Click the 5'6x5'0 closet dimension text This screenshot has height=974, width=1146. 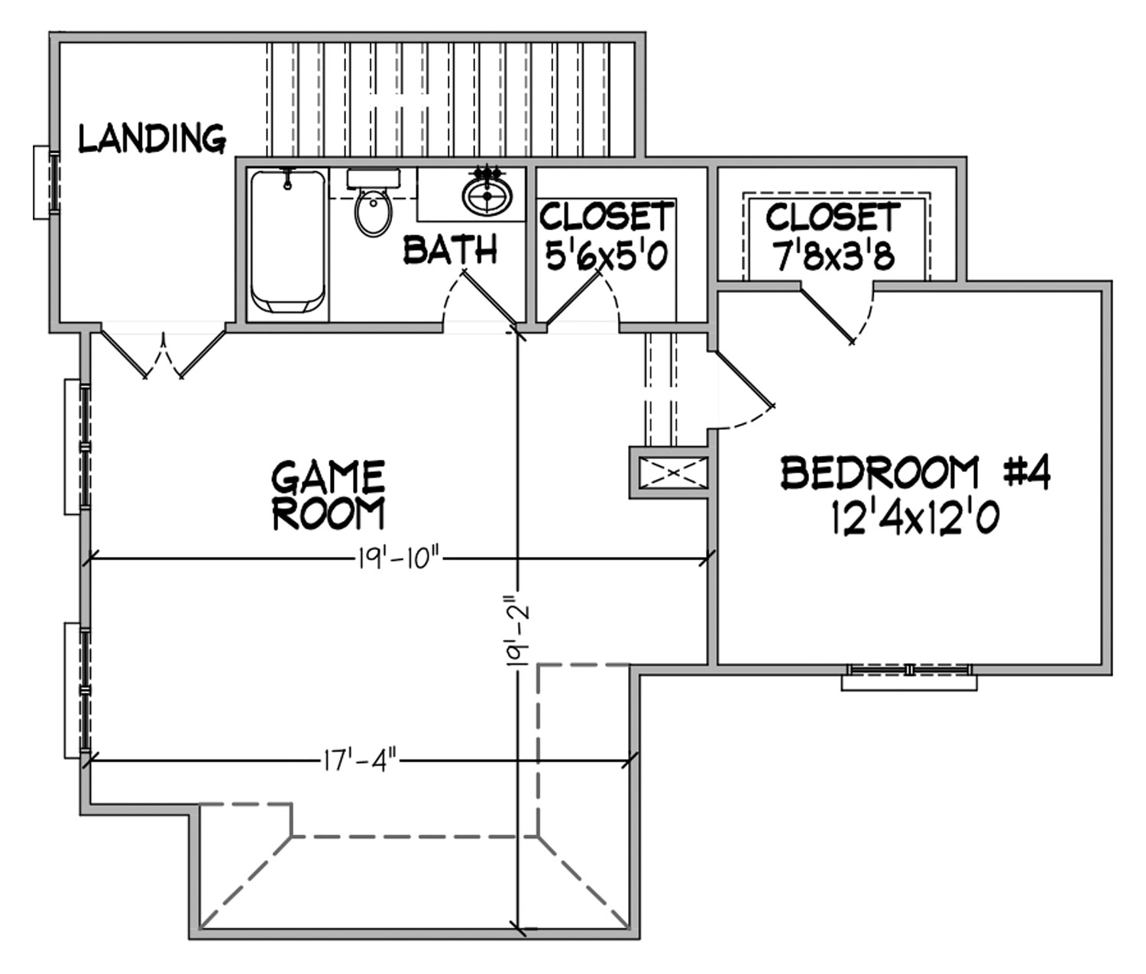pos(607,255)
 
